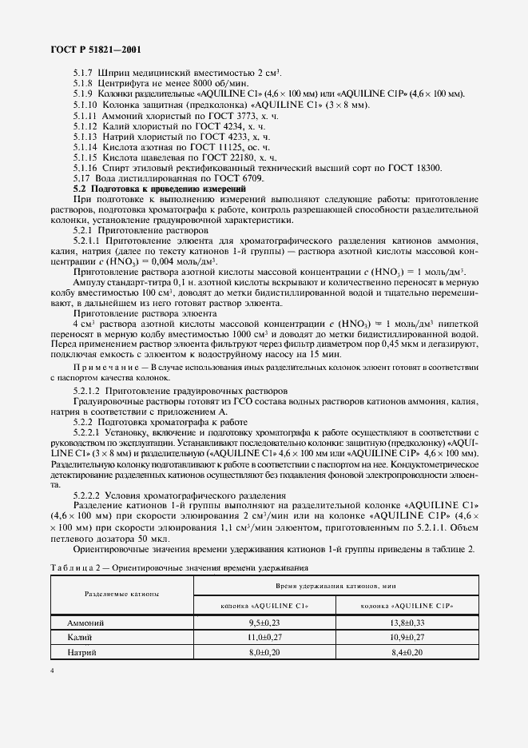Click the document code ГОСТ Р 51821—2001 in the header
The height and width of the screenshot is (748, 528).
point(85,49)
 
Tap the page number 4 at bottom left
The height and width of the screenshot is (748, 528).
point(51,670)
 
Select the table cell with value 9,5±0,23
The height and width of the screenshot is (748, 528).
point(266,622)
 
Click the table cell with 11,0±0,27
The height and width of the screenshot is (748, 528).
point(266,637)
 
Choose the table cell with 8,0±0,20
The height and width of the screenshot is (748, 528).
point(266,653)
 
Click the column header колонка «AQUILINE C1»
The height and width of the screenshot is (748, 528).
point(266,606)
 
